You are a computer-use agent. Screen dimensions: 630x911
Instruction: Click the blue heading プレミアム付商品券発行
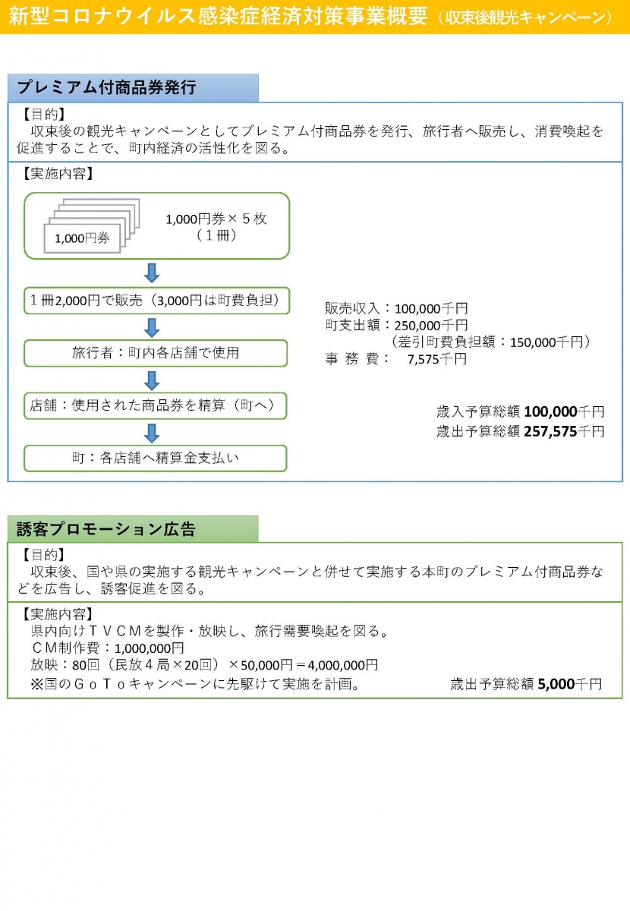coord(106,87)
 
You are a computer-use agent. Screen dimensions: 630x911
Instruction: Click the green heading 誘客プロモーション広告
coord(106,529)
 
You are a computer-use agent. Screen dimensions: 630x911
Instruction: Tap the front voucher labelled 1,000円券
coord(82,238)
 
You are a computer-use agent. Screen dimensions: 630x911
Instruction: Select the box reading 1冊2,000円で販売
coord(156,301)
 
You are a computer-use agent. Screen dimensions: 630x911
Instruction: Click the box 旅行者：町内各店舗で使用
coord(156,353)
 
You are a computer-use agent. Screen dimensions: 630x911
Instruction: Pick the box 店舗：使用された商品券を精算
coord(156,405)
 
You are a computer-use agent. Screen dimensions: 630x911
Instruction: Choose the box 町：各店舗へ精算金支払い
coord(156,459)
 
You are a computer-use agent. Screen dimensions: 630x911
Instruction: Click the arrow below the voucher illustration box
coord(152,273)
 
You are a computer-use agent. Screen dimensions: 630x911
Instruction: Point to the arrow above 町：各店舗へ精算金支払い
coord(152,433)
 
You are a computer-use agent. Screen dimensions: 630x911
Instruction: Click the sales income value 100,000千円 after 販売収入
coord(431,309)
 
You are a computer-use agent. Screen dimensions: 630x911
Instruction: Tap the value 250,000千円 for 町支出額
coord(431,326)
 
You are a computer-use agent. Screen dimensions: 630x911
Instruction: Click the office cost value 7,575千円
coord(437,359)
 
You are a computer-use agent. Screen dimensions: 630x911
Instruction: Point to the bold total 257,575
coord(550,431)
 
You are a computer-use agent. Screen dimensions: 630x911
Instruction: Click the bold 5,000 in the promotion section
coord(556,684)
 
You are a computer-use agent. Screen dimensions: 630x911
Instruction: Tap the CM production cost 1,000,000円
coord(150,648)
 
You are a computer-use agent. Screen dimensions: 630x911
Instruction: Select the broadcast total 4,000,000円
coord(343,665)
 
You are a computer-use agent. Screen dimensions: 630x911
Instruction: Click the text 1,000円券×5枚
coord(216,219)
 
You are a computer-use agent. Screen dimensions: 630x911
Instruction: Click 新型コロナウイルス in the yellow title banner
coord(102,16)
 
